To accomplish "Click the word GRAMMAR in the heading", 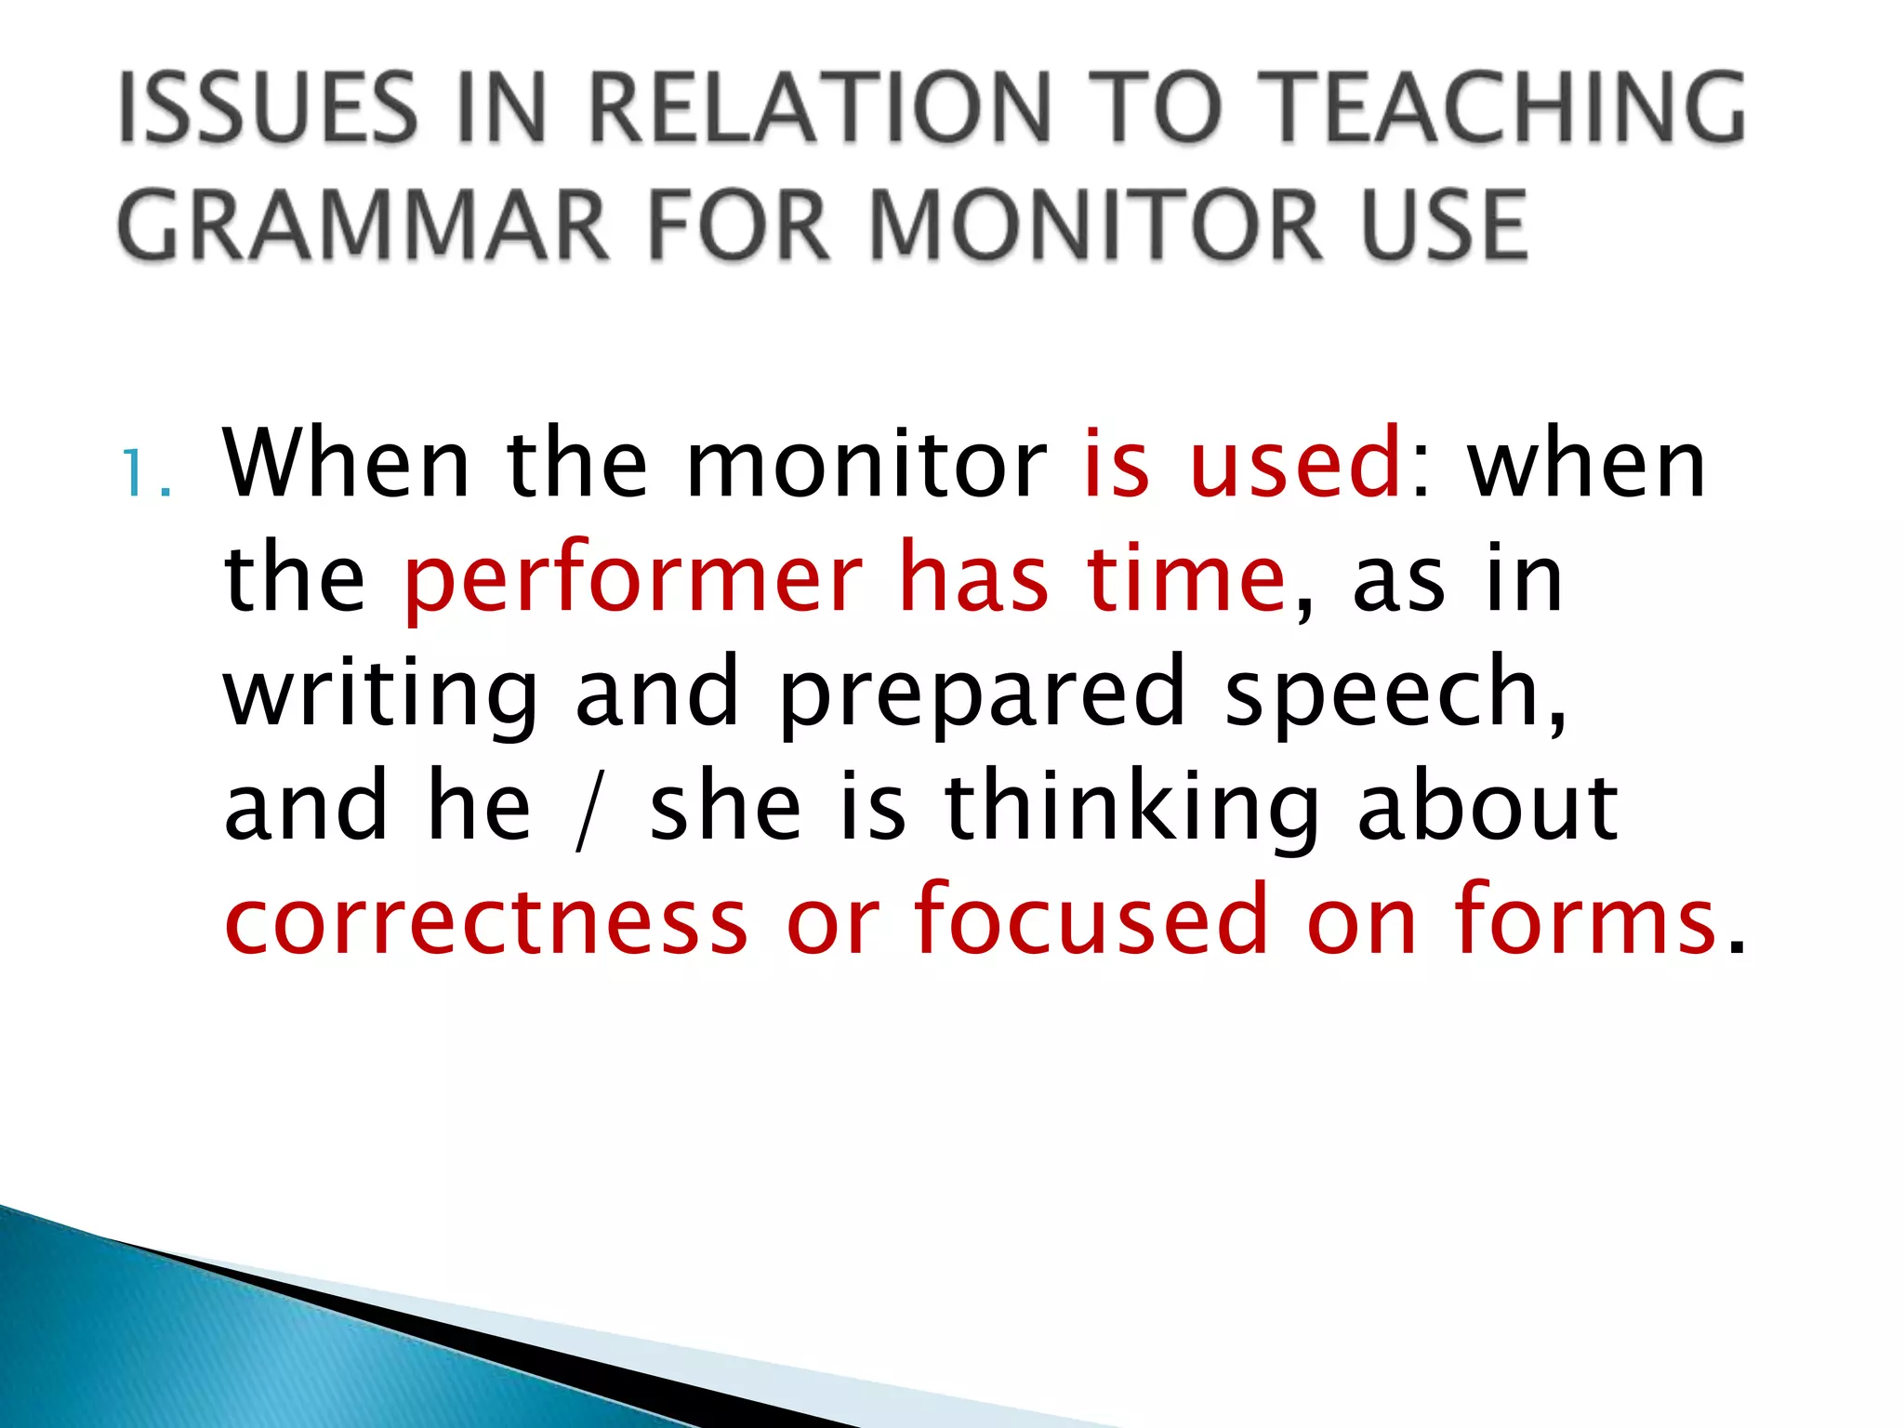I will (x=363, y=226).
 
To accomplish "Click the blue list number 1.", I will (x=136, y=474).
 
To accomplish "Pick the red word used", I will (x=1296, y=463).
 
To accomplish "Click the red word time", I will (x=1186, y=578).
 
